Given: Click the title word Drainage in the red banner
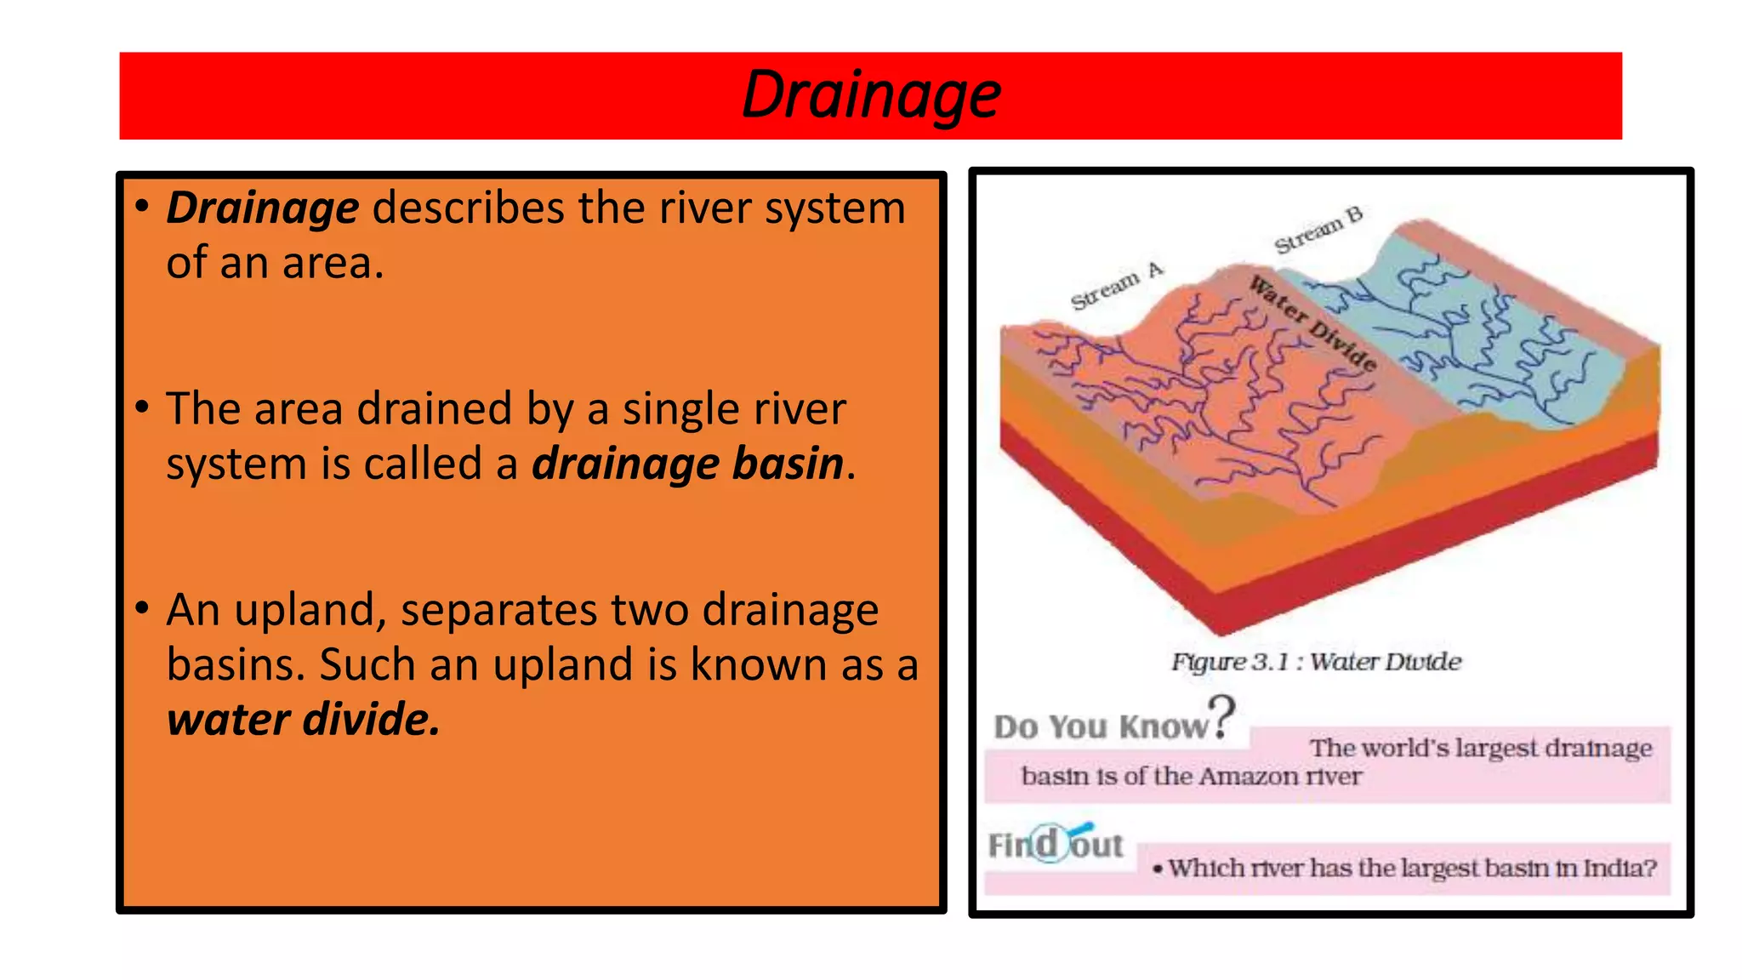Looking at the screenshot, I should coord(871,95).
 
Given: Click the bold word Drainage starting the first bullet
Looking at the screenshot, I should coord(263,208).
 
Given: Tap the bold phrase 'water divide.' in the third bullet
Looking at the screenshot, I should coord(304,720).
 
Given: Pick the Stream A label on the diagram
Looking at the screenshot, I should coord(1115,287).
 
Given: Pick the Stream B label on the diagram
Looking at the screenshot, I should coord(1318,230).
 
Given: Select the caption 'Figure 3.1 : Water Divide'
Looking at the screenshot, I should coord(1316,662).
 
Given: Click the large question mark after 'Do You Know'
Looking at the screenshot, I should coord(1222,716).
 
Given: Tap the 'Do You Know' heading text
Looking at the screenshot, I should coord(1101,727).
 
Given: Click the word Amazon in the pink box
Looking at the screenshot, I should coord(1250,777).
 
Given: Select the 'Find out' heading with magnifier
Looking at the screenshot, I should coord(1056,845).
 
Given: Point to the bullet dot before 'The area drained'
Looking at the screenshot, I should coord(142,407).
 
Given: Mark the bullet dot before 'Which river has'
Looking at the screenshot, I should coord(1158,869).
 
